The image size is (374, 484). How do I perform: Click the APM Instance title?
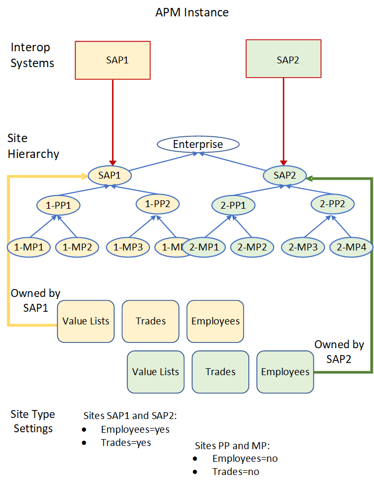192,12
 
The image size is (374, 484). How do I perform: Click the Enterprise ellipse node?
198,144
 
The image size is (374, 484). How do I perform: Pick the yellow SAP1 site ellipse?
110,175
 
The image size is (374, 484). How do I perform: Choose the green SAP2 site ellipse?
285,175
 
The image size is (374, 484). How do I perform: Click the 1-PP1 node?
58,204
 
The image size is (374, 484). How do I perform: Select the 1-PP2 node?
157,203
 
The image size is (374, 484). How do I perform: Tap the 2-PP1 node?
233,204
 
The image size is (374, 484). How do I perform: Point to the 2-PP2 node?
332,203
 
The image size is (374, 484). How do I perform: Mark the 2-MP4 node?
351,246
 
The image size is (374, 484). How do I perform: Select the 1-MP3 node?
128,246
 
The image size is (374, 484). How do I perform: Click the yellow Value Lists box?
86,321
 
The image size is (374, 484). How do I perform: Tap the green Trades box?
220,372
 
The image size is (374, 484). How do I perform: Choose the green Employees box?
285,372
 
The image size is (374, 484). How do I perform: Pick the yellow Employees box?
215,321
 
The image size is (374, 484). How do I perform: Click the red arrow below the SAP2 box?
284,122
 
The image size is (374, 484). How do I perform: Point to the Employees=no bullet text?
245,458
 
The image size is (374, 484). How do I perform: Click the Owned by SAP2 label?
339,352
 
